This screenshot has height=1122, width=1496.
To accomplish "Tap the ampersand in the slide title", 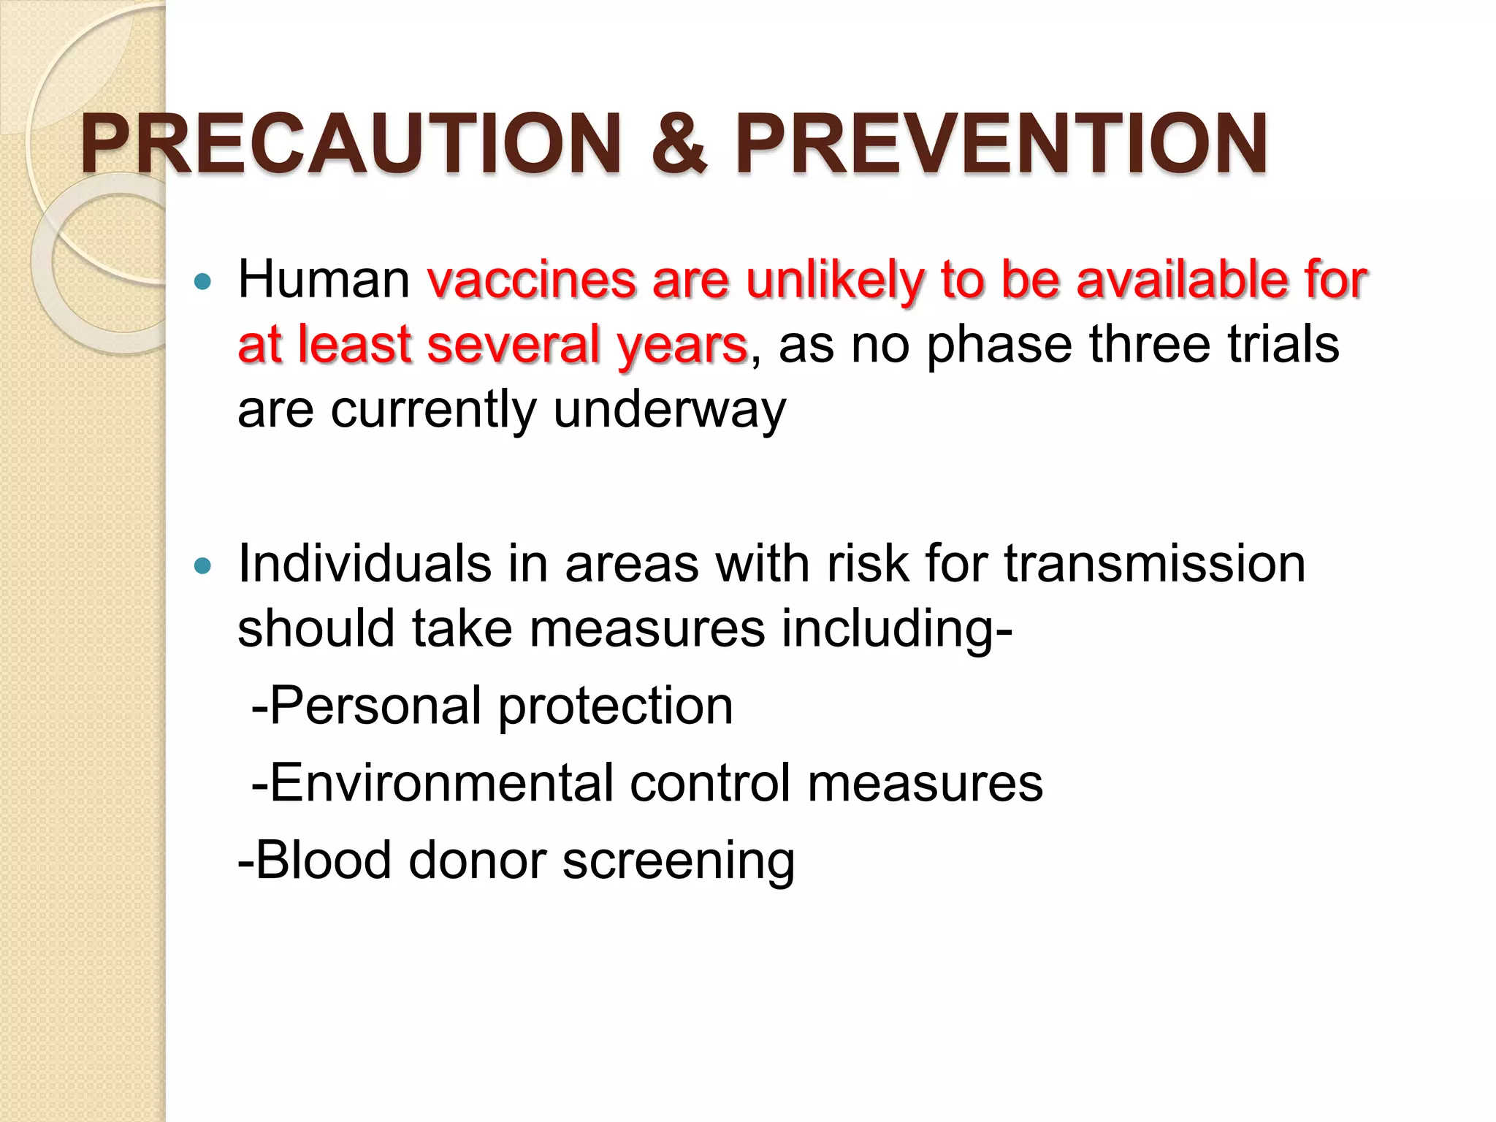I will tap(679, 144).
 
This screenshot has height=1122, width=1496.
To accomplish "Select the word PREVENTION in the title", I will tap(1001, 144).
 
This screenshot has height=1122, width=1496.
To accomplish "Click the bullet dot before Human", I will tap(203, 281).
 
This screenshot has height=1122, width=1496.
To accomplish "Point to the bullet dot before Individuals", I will tap(203, 565).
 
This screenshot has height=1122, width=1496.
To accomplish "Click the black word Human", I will tap(324, 280).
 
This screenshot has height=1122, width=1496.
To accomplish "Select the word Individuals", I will tap(365, 564).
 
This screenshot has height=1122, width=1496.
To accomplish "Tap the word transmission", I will tap(1154, 564).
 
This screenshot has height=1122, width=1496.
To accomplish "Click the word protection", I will tap(615, 707).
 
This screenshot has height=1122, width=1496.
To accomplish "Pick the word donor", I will tap(478, 860).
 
